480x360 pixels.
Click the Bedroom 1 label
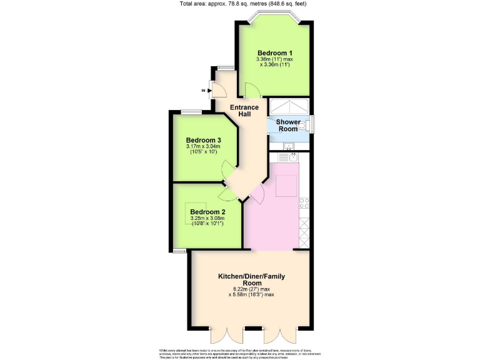click(276, 52)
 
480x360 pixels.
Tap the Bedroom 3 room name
click(204, 140)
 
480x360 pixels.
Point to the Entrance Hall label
click(244, 111)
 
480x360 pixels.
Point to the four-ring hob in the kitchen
click(304, 202)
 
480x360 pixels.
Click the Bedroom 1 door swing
click(252, 91)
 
